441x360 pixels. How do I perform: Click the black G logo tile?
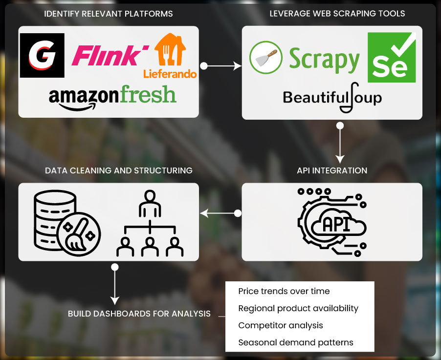click(x=42, y=55)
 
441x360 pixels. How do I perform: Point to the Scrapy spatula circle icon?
click(x=266, y=58)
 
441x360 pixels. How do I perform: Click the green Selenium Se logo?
click(x=392, y=58)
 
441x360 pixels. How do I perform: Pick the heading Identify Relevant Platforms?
click(x=109, y=14)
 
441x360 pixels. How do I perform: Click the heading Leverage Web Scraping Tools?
click(x=337, y=14)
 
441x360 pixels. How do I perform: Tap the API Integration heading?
click(x=332, y=170)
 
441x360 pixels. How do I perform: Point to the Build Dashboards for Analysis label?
click(x=139, y=314)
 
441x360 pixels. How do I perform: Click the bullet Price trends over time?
click(x=284, y=291)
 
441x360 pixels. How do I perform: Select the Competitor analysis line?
click(x=280, y=325)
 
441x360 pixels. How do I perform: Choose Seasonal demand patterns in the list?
click(x=295, y=342)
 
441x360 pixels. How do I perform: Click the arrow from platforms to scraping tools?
click(x=222, y=65)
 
